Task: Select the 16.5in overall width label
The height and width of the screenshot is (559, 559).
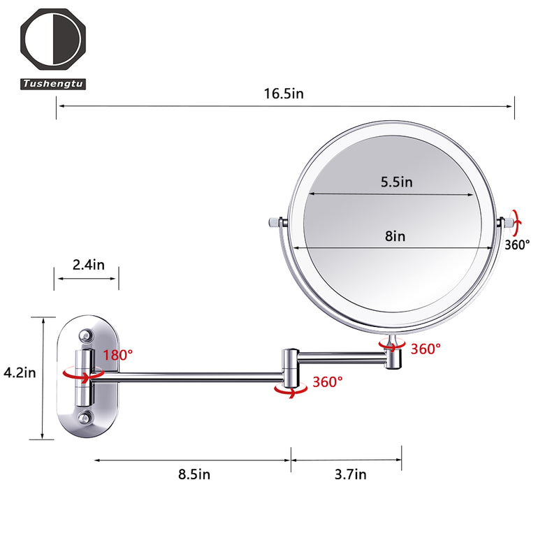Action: (x=284, y=94)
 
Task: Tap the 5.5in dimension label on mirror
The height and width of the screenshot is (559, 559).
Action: (x=396, y=182)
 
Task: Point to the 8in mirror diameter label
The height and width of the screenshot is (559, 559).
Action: (x=395, y=236)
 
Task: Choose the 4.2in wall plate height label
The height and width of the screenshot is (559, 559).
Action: (x=19, y=372)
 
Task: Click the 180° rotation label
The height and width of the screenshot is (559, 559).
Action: (x=117, y=354)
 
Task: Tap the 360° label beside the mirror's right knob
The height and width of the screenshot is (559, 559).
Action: (x=518, y=245)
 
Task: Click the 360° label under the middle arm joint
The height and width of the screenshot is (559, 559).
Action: (x=327, y=382)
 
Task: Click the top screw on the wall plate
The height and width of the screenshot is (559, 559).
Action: (x=85, y=336)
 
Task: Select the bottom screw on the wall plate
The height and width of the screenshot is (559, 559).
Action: (x=85, y=418)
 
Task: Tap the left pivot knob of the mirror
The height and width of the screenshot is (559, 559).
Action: (x=275, y=222)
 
